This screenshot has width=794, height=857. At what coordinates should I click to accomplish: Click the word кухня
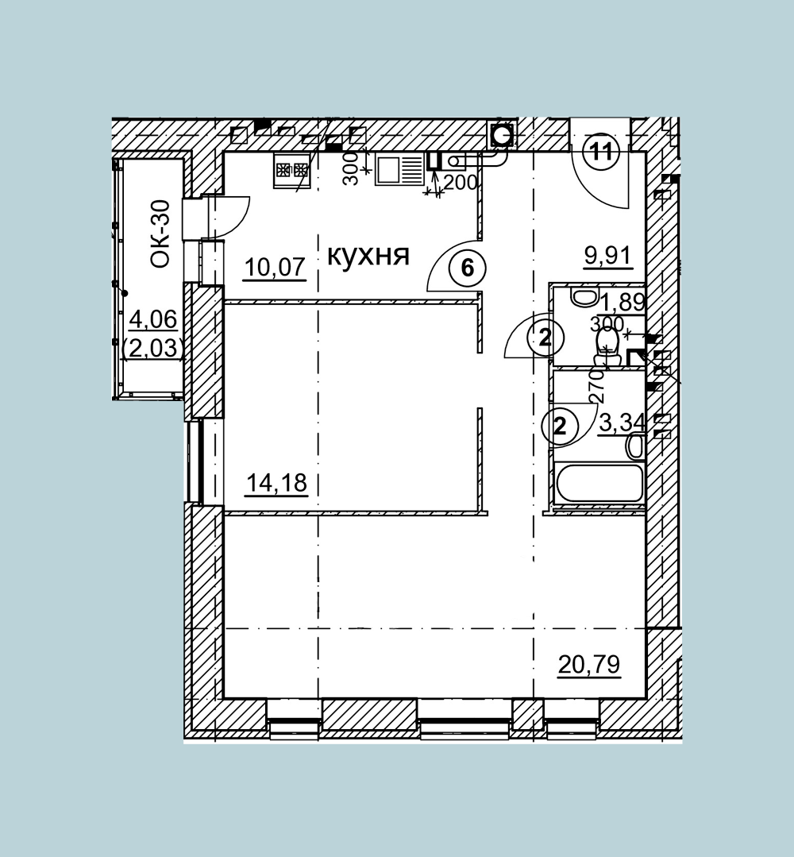click(x=368, y=256)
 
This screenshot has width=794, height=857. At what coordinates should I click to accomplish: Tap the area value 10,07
click(x=274, y=267)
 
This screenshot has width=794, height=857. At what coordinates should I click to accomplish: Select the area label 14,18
click(x=277, y=483)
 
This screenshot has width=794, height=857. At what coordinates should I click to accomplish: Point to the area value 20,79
click(x=589, y=665)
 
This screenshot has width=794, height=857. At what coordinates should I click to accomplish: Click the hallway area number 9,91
click(x=607, y=255)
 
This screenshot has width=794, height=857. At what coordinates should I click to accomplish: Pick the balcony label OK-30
click(x=160, y=234)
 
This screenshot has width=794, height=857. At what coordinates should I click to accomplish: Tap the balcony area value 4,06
click(x=153, y=318)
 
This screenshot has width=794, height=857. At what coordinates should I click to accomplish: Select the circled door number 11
click(x=602, y=152)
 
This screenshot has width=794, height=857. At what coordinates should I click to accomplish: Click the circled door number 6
click(x=467, y=268)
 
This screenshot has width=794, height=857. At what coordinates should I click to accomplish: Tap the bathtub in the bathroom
click(x=599, y=483)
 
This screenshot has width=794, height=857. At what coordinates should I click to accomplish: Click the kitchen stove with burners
click(x=292, y=170)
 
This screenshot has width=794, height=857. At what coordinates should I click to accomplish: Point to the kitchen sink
click(x=399, y=169)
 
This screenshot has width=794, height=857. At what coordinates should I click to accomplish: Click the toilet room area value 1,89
click(x=622, y=301)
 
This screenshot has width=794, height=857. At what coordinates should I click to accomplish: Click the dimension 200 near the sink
click(x=460, y=182)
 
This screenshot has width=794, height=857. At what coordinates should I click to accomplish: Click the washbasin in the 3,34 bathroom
click(x=634, y=446)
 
